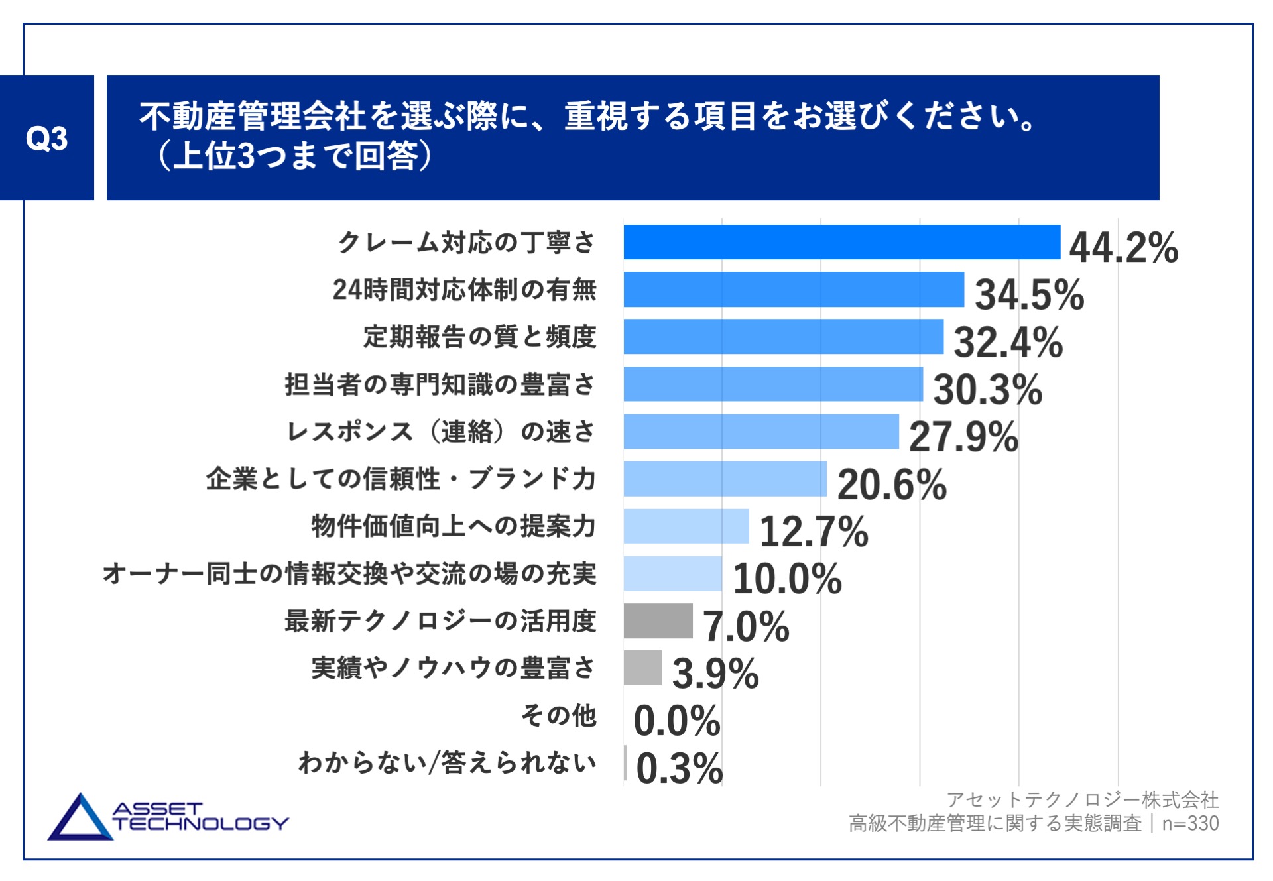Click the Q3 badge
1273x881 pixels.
tap(46, 138)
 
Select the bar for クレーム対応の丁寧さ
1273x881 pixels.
tap(841, 242)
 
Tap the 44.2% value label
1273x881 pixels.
tap(1123, 247)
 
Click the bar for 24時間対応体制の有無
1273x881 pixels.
tap(793, 290)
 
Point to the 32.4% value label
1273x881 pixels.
tap(1008, 342)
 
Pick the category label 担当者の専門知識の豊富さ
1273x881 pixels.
tap(440, 384)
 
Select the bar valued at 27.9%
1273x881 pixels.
tap(760, 432)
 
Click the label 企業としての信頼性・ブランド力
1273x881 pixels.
tap(400, 479)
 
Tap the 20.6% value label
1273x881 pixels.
tap(892, 484)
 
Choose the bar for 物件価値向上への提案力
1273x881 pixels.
tap(686, 526)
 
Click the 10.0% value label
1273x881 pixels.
tap(787, 578)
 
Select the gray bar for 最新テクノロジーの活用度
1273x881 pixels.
tap(658, 621)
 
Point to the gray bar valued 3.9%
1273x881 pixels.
tap(642, 668)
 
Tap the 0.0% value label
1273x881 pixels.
tap(676, 721)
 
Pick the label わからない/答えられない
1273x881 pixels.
tap(448, 763)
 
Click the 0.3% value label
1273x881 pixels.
tap(679, 768)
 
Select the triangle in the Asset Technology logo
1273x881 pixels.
tap(80, 819)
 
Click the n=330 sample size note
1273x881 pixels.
tap(1190, 823)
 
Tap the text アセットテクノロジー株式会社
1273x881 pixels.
tap(1082, 799)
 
